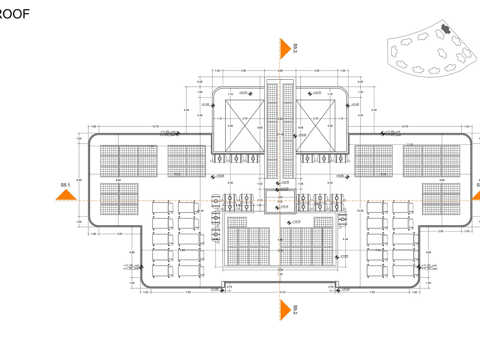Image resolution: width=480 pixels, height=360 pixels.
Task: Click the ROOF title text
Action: [14, 14]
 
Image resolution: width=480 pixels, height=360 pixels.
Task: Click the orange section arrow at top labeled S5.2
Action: [285, 48]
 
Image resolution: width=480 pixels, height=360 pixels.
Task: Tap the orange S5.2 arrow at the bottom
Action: [285, 310]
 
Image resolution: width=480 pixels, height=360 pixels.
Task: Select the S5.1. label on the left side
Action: [66, 185]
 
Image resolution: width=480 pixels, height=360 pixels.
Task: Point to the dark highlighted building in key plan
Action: [446, 29]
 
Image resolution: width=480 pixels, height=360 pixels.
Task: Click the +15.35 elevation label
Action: [285, 189]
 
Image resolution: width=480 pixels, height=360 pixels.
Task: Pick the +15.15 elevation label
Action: [284, 206]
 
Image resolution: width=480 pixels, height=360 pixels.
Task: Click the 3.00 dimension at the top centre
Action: [280, 71]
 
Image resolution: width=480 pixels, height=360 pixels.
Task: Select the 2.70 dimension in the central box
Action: [280, 197]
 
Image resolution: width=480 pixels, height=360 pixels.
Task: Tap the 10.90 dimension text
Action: [280, 270]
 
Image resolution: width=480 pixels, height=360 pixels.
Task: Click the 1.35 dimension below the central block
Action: [280, 274]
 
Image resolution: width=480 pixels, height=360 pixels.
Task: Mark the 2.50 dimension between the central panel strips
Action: [280, 119]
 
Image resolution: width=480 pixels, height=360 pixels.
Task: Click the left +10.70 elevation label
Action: [243, 92]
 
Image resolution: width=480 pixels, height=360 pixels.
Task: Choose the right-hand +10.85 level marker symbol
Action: [348, 177]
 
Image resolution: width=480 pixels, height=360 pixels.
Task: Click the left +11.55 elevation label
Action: [214, 289]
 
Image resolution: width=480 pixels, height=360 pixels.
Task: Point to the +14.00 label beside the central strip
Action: [302, 135]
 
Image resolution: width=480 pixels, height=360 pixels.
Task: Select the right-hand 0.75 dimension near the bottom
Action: [331, 287]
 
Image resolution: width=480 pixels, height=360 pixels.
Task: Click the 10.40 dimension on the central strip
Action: [280, 135]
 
